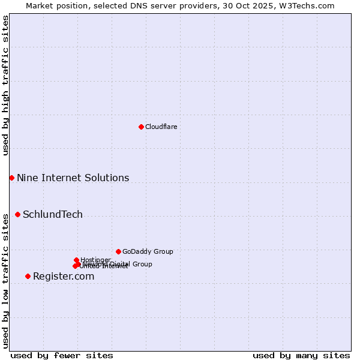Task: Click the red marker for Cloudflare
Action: [x=141, y=127]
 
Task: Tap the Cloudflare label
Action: [x=161, y=127]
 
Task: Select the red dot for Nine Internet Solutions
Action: [x=11, y=178]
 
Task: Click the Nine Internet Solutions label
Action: [x=73, y=178]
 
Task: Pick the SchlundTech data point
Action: [x=17, y=214]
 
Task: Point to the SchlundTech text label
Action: [x=53, y=214]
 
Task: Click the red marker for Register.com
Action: [x=28, y=276]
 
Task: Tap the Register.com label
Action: [x=64, y=276]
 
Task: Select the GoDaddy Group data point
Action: [x=118, y=251]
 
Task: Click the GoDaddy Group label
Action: [x=148, y=251]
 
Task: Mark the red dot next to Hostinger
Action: [x=76, y=260]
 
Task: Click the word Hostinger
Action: [x=96, y=259]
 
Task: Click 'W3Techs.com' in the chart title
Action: [x=310, y=5]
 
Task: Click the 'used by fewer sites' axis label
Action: [x=62, y=355]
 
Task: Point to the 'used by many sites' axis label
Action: [x=301, y=355]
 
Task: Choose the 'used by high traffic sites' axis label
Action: [x=5, y=85]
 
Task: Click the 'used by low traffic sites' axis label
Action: [x=5, y=281]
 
